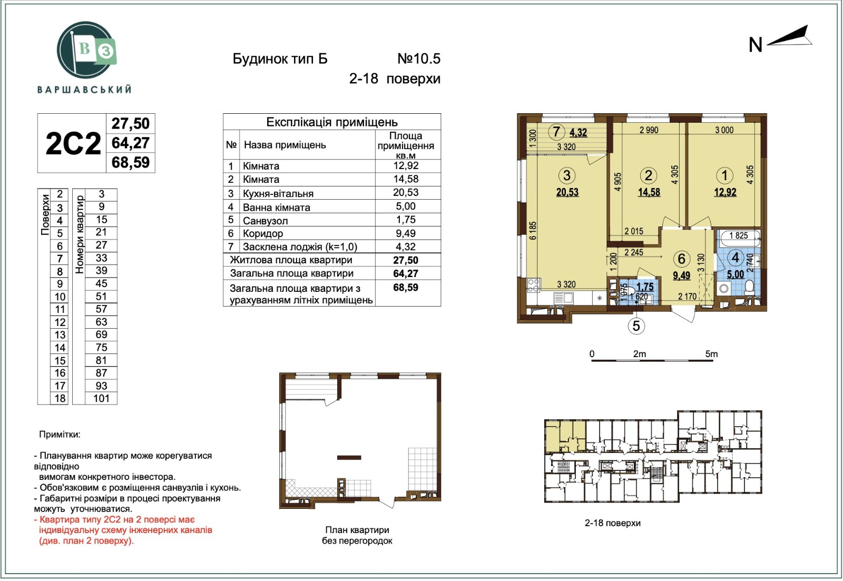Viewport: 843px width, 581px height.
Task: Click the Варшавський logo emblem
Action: coord(86,50)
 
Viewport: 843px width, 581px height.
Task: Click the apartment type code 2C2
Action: coord(73,143)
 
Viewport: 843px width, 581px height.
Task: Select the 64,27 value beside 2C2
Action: coord(131,143)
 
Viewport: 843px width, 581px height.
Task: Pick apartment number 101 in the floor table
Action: coord(101,398)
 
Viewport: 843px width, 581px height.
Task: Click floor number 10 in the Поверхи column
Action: coord(60,297)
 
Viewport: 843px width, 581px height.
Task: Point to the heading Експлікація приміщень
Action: coord(332,122)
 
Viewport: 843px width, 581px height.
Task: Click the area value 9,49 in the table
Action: coord(406,233)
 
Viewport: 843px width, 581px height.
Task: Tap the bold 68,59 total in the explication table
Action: coord(406,288)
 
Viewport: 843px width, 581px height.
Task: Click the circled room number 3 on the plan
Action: coord(567,175)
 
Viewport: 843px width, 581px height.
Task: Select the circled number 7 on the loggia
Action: coord(556,132)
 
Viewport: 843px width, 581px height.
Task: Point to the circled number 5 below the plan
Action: coord(636,326)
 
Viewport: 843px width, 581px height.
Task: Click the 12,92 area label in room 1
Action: coord(725,192)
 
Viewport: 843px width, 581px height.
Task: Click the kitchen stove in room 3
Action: coord(533,285)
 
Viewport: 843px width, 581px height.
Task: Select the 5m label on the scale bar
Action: coord(711,354)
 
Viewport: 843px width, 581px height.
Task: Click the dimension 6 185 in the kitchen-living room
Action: coord(533,231)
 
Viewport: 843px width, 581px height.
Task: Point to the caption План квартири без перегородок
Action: coord(357,535)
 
